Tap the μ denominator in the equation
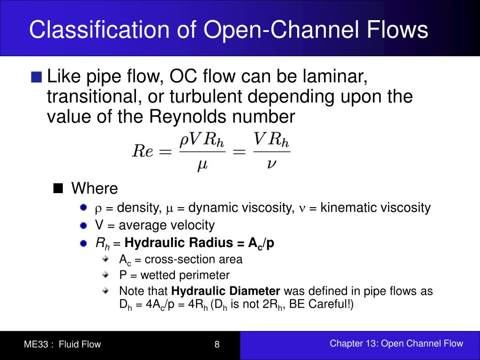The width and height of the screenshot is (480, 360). point(202,165)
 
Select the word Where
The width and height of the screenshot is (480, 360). point(94,188)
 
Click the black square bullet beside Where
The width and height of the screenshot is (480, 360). point(59,188)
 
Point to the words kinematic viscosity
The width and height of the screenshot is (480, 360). point(375,208)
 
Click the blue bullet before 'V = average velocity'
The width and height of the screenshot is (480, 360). point(83,225)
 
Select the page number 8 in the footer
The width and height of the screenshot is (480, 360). point(217,345)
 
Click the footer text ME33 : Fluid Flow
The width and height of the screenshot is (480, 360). point(62,345)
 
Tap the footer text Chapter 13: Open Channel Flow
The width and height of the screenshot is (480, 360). point(396,344)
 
